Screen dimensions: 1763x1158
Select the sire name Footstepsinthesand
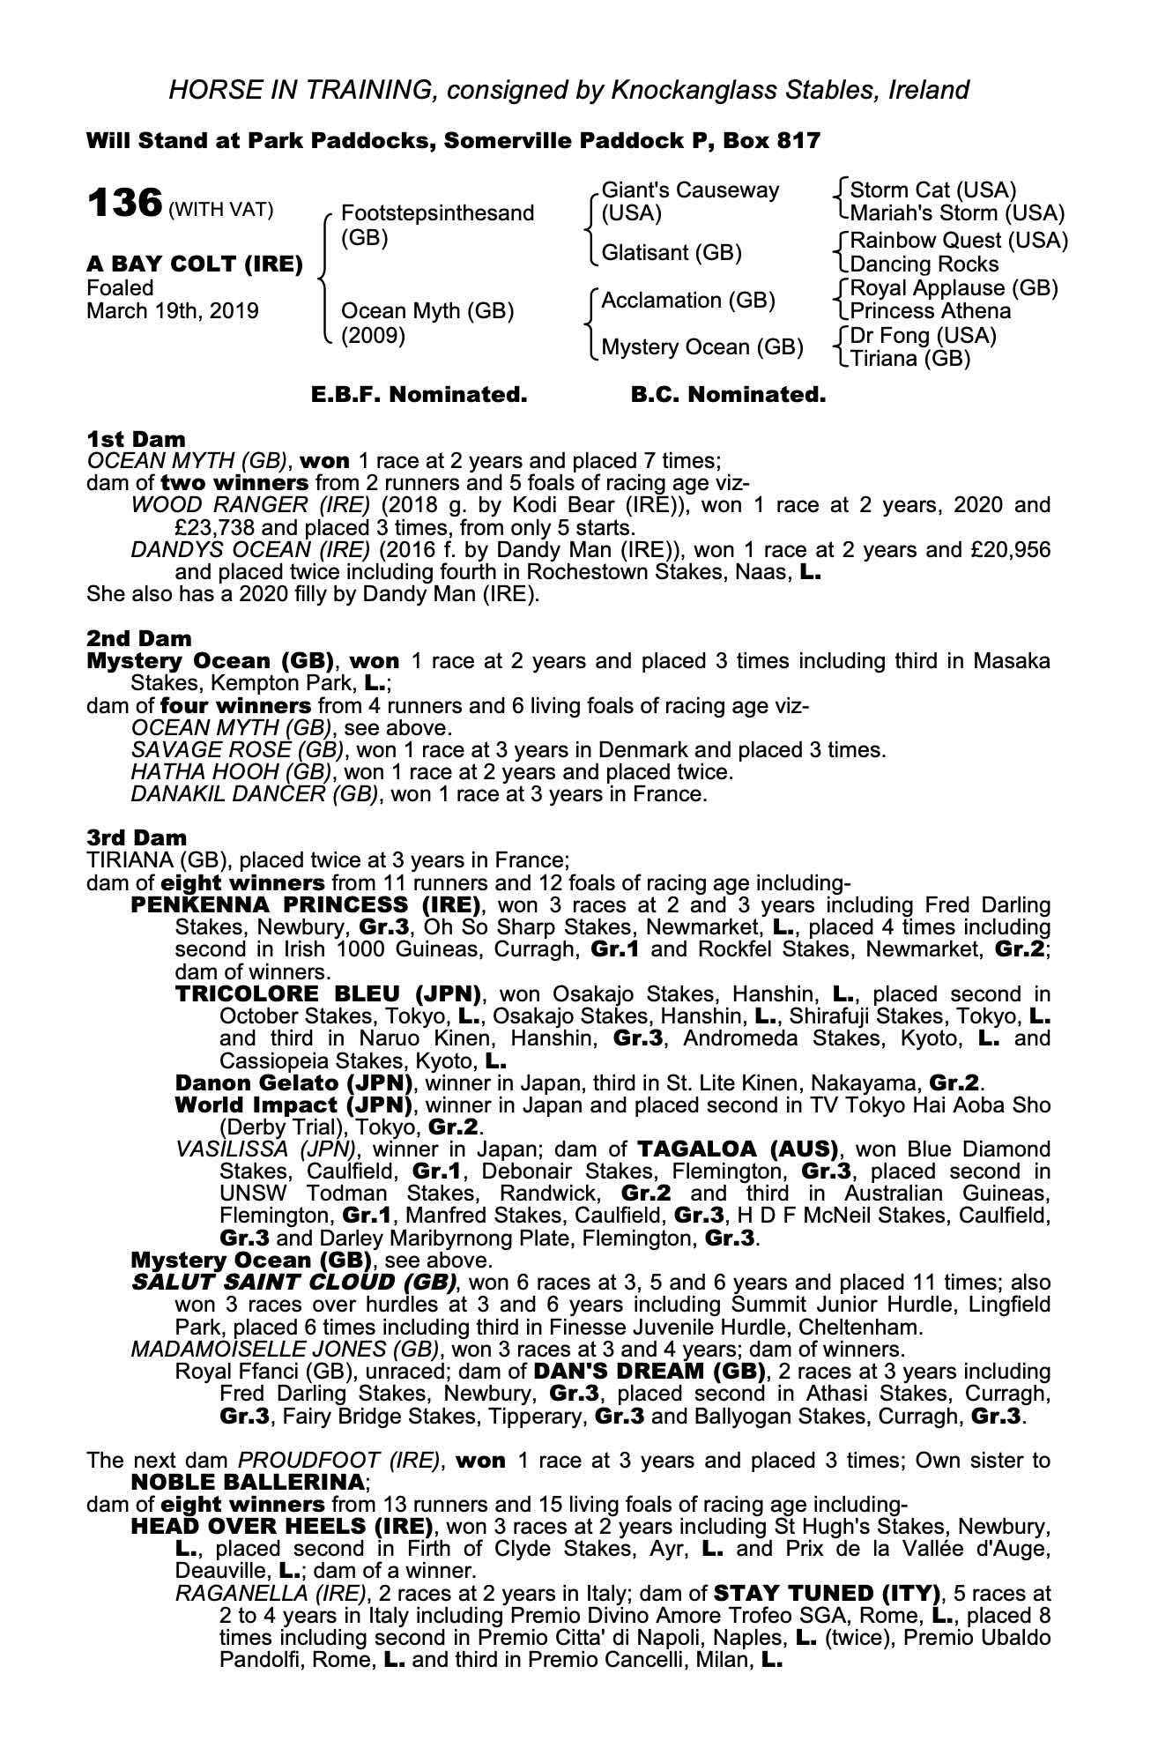coord(437,213)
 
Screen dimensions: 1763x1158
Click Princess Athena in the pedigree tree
coord(931,311)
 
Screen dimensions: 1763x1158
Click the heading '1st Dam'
coord(136,439)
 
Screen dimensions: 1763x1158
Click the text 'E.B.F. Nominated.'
coord(419,395)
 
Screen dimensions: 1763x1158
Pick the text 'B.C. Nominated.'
coord(728,395)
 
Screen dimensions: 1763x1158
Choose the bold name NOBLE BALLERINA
coord(248,1482)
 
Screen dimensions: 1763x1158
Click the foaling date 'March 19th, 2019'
coord(173,311)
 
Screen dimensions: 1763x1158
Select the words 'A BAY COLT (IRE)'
coord(195,264)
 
